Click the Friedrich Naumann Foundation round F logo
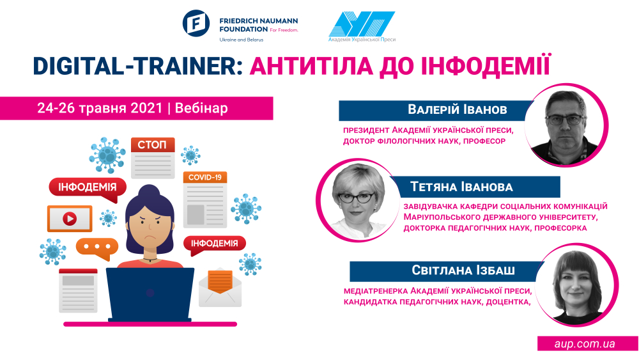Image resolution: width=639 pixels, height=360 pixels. (196, 23)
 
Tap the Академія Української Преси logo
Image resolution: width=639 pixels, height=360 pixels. (362, 26)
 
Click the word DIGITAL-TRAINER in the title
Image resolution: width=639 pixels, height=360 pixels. (134, 66)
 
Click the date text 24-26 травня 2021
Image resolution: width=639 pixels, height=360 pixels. (100, 109)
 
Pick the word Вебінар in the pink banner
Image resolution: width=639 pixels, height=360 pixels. (201, 109)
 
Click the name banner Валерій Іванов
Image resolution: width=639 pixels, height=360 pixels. (436, 110)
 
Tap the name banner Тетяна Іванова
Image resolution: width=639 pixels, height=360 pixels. (475, 187)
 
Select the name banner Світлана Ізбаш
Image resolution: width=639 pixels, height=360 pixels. (446, 270)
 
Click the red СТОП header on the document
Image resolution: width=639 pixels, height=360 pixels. (153, 145)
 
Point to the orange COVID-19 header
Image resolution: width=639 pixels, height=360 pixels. (205, 177)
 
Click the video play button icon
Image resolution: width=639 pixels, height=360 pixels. (70, 219)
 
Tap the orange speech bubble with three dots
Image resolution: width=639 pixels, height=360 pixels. (97, 248)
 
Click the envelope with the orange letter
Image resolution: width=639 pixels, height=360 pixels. (220, 288)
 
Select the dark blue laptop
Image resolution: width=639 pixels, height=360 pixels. (150, 294)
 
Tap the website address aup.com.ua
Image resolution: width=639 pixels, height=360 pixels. (585, 343)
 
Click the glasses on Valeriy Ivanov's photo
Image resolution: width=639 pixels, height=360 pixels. (564, 120)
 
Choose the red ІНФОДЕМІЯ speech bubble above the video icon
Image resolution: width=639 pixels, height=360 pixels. (87, 189)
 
